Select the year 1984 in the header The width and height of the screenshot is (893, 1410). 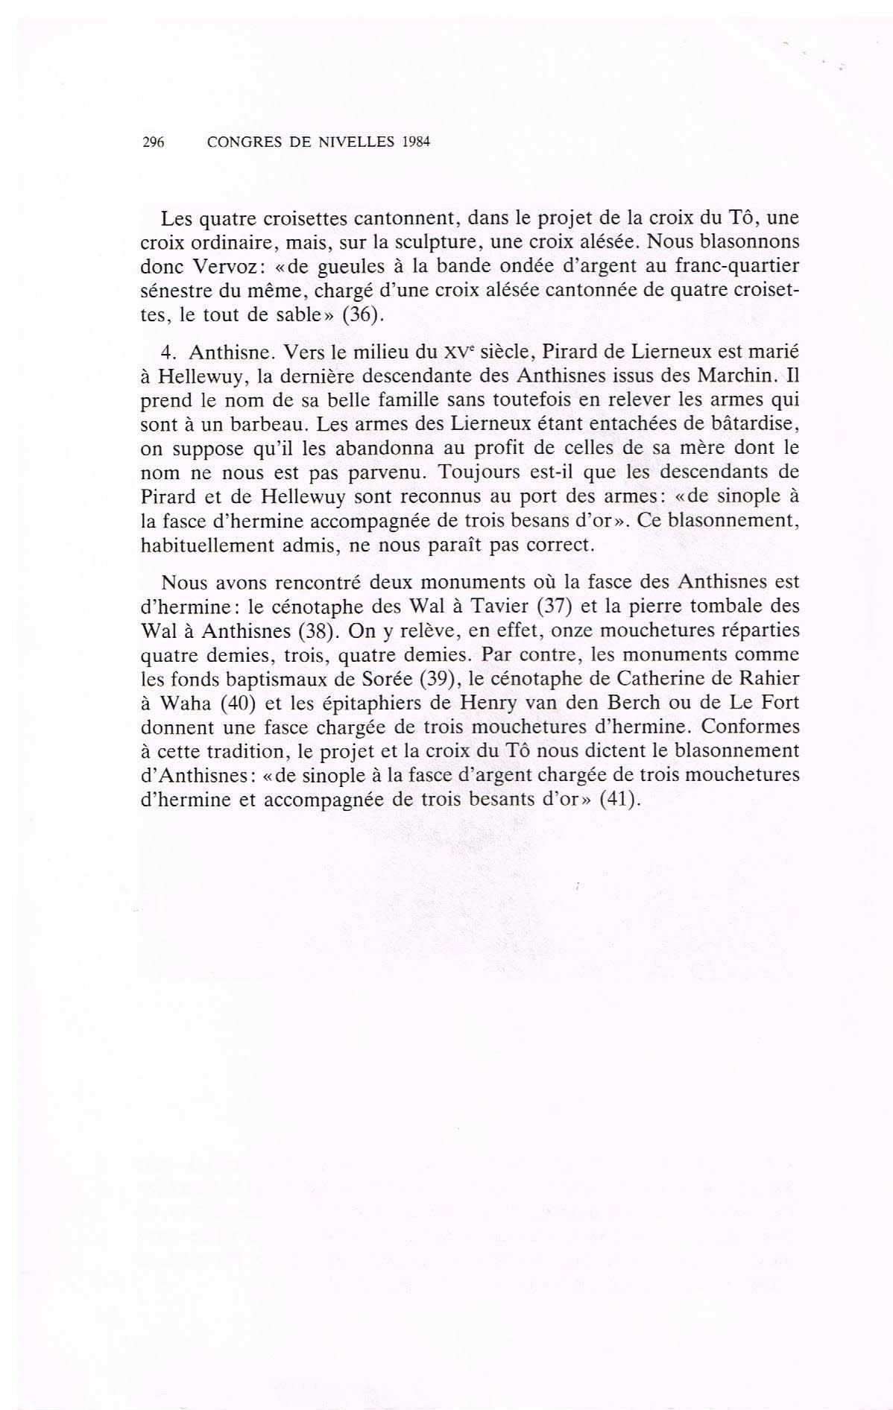point(417,142)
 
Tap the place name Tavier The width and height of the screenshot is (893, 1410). point(491,605)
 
